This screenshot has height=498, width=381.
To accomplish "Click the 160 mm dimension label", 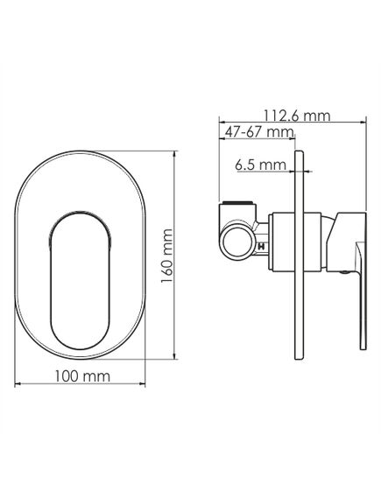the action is click(x=166, y=256).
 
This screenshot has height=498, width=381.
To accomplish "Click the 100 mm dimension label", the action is click(x=82, y=376).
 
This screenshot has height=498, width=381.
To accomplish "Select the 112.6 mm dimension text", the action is click(x=297, y=116).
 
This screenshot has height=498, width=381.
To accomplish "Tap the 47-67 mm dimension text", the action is click(x=259, y=132).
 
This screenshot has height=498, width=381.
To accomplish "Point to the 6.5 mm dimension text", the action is click(x=260, y=165).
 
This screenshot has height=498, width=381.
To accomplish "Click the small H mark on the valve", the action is click(x=262, y=246).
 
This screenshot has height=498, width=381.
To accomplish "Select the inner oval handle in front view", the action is click(x=80, y=281).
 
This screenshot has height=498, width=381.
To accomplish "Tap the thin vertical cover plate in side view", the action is click(x=300, y=255).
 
